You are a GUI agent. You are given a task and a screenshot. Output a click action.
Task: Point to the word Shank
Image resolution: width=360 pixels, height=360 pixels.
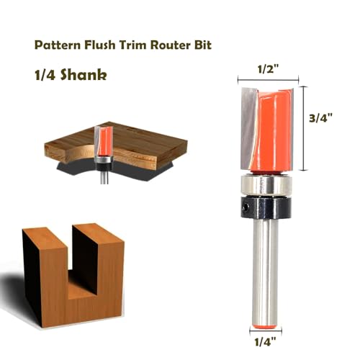coord(84,75)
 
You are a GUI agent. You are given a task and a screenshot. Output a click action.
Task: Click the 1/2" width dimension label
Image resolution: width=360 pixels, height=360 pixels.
coord(268,69)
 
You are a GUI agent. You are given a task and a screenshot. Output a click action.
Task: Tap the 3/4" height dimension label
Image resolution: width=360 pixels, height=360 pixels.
coord(320,118)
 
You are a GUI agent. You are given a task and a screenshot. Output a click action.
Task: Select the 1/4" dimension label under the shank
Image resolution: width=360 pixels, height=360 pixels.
coord(265,341)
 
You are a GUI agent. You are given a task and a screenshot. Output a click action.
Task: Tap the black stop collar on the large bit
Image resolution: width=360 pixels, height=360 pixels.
coord(266,207)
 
